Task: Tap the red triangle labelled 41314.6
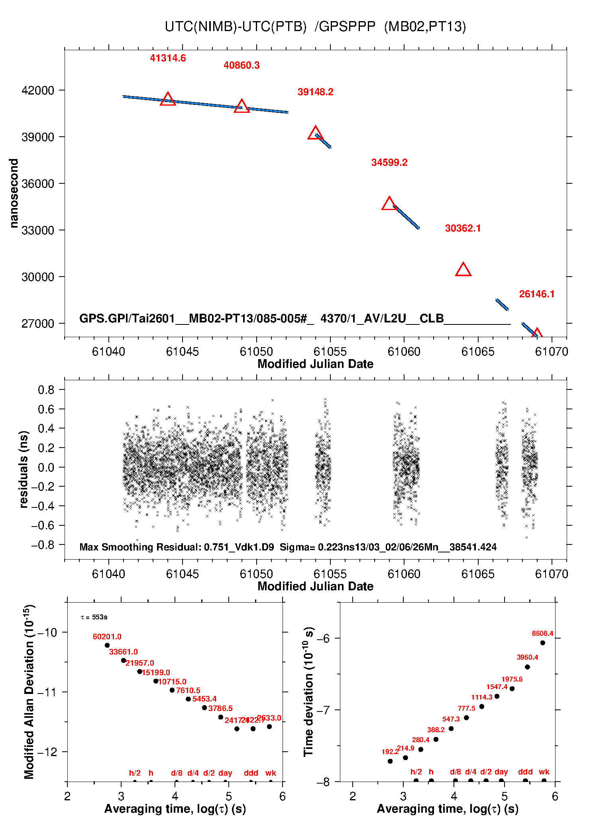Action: click(x=168, y=99)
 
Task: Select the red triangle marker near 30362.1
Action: click(x=463, y=270)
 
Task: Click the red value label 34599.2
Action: click(x=389, y=163)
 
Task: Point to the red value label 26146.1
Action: click(x=536, y=294)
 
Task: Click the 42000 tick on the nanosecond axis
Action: click(x=38, y=90)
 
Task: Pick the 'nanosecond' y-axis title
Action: click(x=14, y=193)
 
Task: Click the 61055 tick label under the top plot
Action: click(x=330, y=352)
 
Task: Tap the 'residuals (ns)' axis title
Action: click(x=24, y=469)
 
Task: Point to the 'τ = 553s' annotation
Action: click(x=94, y=617)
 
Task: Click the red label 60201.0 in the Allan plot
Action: click(x=107, y=637)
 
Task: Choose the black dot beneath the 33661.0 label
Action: click(x=124, y=660)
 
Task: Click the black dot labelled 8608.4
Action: click(x=542, y=643)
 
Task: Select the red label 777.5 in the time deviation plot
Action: click(x=466, y=708)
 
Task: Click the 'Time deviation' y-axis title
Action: click(x=309, y=692)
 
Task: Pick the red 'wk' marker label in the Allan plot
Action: click(x=271, y=773)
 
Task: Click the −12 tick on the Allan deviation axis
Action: click(x=47, y=752)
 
